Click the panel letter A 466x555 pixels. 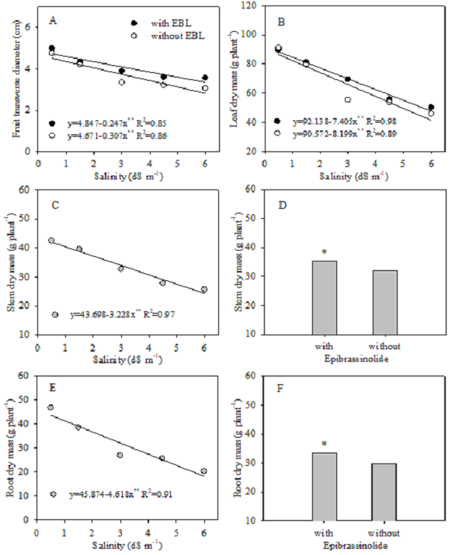pos(51,18)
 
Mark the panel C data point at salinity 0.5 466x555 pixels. pos(51,241)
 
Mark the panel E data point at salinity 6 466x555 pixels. pos(204,471)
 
